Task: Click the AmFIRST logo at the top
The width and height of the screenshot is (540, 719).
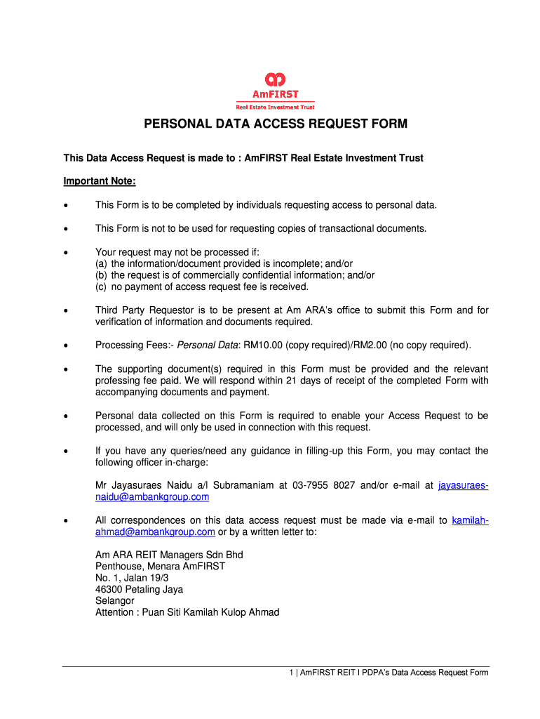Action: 275,90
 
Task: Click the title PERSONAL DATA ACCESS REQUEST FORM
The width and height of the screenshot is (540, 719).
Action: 276,124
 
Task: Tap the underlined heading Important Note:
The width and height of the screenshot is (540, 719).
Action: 100,181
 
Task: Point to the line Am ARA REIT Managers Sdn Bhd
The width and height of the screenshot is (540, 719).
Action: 169,555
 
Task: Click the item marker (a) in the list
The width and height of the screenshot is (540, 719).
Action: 102,263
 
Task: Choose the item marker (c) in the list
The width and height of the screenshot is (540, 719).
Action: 102,286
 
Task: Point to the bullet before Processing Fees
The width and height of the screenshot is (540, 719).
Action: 66,346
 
